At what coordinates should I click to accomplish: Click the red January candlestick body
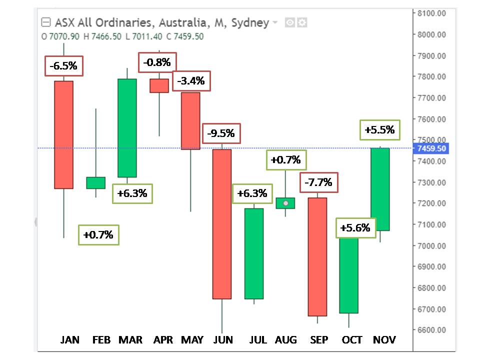point(63,134)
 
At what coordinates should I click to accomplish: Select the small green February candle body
point(95,182)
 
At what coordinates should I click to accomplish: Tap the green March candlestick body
point(127,128)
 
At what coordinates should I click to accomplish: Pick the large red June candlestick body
point(222,223)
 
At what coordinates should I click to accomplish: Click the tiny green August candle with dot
point(285,203)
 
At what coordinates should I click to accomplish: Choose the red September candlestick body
point(317,256)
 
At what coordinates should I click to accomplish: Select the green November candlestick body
point(380,189)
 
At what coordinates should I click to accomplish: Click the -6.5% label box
point(63,66)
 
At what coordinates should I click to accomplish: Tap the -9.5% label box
point(221,133)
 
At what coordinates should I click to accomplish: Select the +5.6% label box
point(355,228)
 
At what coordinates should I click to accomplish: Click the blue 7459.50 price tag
point(430,148)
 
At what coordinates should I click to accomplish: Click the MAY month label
point(192,340)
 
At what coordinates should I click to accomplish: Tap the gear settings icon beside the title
point(302,22)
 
